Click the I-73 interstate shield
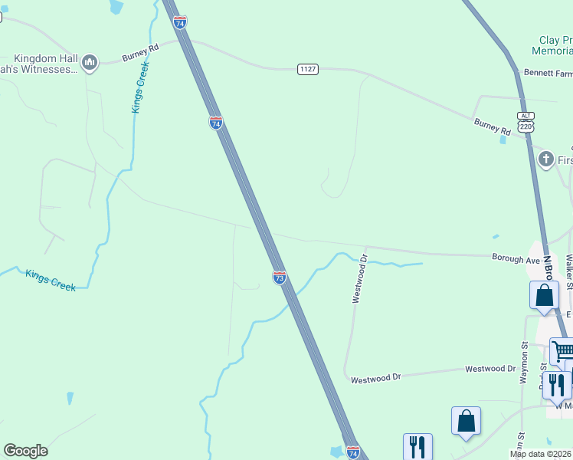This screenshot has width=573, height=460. pos(280,277)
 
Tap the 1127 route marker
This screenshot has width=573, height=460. pos(308,69)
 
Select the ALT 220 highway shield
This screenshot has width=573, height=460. pos(525,123)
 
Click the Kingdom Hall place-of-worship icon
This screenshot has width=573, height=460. pos(90,62)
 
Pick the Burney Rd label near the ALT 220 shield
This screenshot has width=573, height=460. pos(492,127)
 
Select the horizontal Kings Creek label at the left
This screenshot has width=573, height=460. pos(51,280)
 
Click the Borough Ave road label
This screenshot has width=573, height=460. pos(516,260)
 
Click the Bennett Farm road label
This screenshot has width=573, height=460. pos(548,73)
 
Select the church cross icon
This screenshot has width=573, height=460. pos(546,159)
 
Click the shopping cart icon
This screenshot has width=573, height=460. pos(563,351)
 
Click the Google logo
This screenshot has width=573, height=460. pos(25,450)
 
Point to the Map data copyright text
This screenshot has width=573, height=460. pos(541,454)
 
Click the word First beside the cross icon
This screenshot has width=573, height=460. pos(565,160)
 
